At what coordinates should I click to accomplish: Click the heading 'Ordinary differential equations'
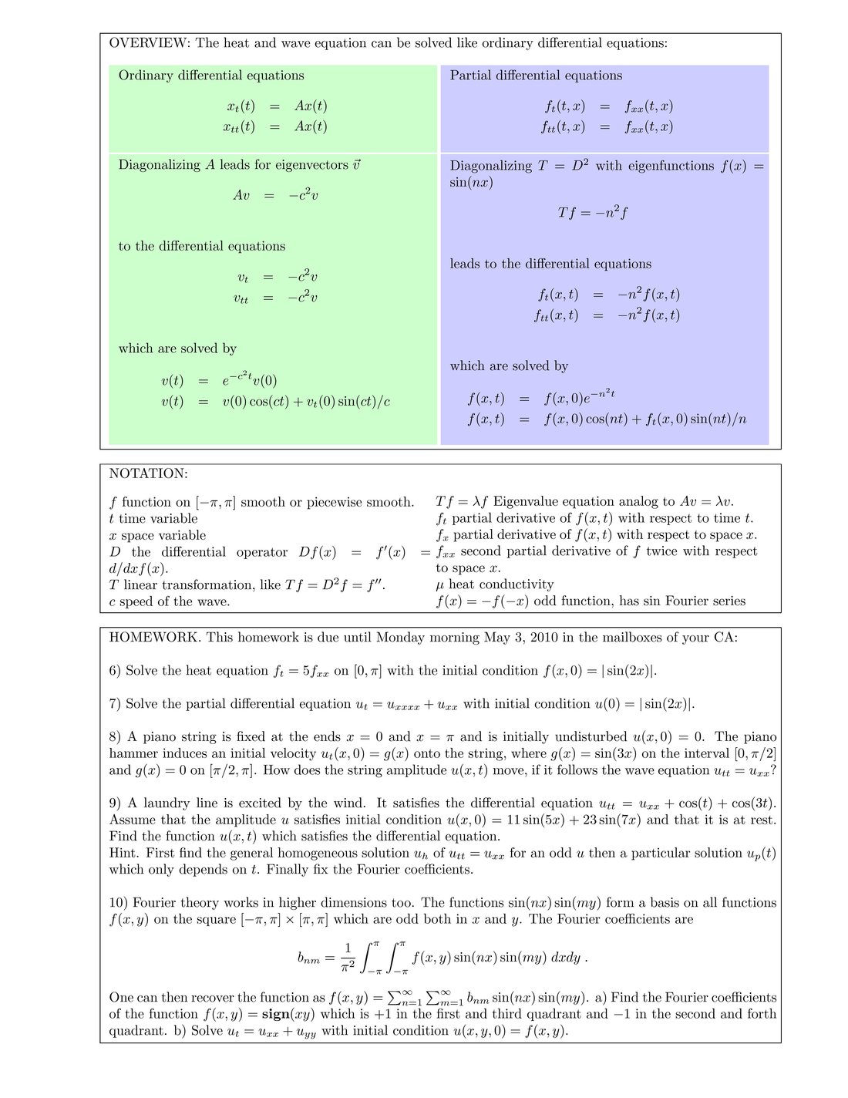[211, 76]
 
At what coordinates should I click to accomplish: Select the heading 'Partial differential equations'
[536, 76]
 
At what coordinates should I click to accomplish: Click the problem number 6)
[115, 671]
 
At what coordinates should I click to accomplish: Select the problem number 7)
[115, 704]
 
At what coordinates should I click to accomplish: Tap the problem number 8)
[115, 737]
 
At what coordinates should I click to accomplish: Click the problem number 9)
[115, 803]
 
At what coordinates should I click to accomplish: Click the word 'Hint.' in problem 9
[124, 853]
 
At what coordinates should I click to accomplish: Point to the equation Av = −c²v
[275, 195]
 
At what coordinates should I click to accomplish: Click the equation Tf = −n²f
[592, 212]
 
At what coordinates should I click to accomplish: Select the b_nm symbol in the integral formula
[308, 958]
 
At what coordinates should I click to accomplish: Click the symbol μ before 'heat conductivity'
[440, 585]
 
